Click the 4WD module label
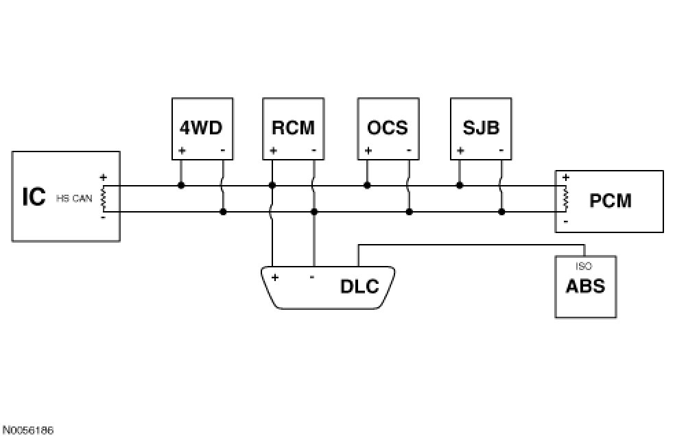tap(202, 128)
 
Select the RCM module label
tap(293, 128)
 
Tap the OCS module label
tap(387, 128)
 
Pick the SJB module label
tap(480, 128)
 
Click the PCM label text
tap(611, 201)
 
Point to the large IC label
tap(34, 197)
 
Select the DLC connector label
tap(359, 286)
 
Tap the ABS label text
tap(585, 285)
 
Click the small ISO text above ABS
tap(584, 267)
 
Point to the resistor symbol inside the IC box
tap(104, 198)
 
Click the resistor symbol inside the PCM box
tap(565, 198)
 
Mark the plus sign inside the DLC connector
tap(274, 277)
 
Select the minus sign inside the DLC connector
tap(312, 277)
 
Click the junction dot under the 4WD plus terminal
tap(181, 185)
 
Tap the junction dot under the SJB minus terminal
tap(501, 212)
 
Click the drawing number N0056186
tap(27, 430)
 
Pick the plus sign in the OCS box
tap(368, 150)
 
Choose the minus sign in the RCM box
tap(313, 150)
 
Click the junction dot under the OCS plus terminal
tap(367, 185)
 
